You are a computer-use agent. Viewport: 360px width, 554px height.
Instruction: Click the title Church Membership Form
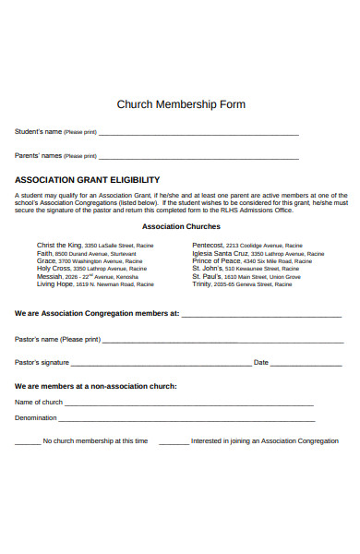(181, 104)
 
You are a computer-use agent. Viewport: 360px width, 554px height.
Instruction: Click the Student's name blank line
(198, 134)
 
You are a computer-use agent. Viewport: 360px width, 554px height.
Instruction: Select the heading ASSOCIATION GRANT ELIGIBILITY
(88, 180)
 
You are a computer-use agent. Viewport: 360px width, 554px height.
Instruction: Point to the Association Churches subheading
(181, 226)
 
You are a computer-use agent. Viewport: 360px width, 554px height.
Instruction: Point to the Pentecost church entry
(210, 246)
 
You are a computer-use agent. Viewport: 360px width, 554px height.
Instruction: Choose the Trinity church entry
(201, 284)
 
